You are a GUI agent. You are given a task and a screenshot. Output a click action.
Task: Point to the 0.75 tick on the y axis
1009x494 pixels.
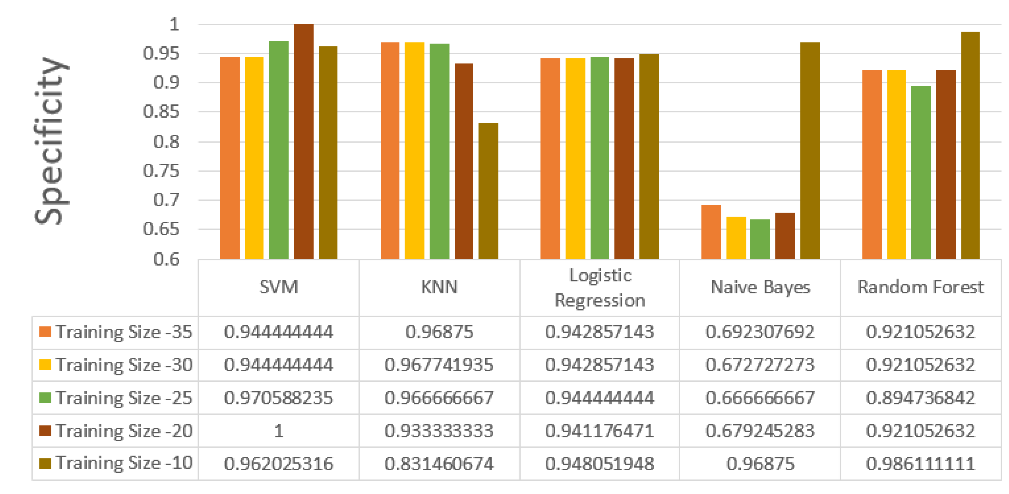tap(161, 171)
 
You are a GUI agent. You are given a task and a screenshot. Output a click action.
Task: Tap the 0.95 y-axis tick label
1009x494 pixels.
tap(161, 53)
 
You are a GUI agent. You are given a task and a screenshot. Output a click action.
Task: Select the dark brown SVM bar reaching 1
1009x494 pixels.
tap(303, 141)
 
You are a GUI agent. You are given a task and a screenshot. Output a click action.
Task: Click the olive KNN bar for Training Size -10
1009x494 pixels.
tap(488, 191)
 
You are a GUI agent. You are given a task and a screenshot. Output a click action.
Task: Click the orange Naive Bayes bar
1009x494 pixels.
tap(711, 232)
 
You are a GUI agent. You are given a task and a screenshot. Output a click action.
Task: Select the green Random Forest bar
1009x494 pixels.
tap(920, 173)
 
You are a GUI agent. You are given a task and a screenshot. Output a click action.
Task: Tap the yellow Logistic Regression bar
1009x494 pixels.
tap(575, 158)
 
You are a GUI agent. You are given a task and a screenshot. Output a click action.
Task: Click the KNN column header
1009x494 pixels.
tap(439, 287)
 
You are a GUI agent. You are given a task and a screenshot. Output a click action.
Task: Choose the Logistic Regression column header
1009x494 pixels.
tap(600, 287)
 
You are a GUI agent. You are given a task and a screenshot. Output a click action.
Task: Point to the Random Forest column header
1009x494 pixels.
tap(920, 287)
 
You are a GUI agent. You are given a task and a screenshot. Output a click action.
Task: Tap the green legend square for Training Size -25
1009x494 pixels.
tap(45, 397)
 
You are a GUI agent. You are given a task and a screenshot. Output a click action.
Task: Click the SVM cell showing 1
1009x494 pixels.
tap(279, 431)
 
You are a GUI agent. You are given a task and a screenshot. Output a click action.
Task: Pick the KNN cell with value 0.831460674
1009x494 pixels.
tap(439, 464)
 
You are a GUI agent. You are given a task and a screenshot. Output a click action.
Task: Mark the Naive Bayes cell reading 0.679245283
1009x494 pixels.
tap(760, 431)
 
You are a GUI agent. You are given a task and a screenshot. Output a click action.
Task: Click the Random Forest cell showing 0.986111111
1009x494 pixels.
tap(920, 464)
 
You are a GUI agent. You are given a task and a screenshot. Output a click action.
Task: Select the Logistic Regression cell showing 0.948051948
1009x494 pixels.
tap(600, 464)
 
